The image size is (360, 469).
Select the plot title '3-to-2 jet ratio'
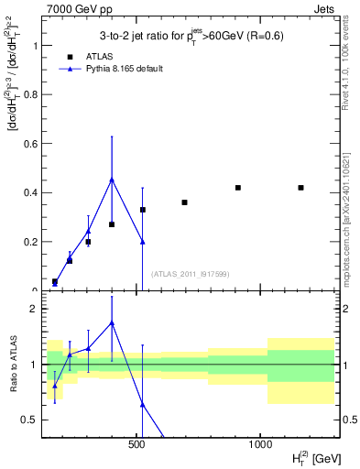click(190, 37)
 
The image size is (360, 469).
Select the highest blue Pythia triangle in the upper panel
click(112, 180)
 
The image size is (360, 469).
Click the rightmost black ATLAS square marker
click(300, 188)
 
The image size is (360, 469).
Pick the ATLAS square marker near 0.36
click(184, 202)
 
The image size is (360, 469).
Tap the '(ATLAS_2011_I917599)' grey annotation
click(190, 274)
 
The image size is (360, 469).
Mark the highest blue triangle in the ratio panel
click(112, 322)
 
